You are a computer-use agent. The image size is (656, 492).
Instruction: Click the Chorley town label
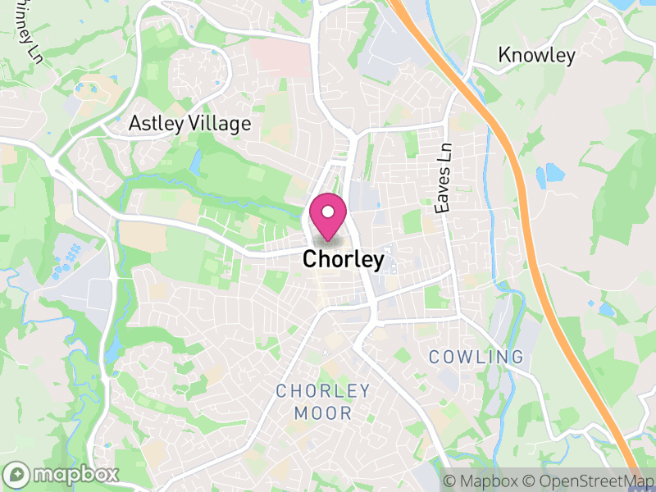point(343,260)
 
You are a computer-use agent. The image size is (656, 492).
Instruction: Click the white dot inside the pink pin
point(328,212)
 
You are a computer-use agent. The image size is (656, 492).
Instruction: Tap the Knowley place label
point(537,56)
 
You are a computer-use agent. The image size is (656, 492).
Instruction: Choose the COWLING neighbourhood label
point(476,357)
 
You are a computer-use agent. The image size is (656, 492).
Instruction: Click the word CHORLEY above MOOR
point(323,390)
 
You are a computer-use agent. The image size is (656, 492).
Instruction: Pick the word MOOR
point(323,412)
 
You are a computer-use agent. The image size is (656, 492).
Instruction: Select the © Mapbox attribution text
point(482,481)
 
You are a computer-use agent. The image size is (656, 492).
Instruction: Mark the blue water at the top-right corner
point(627,4)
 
